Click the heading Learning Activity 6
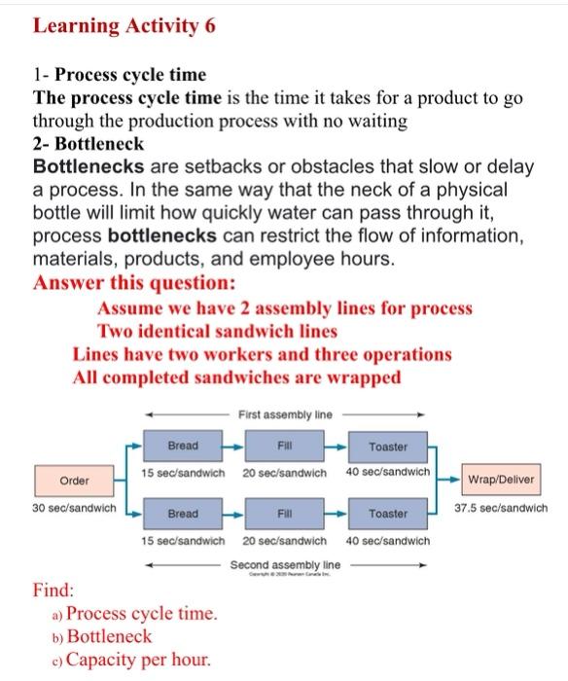[124, 26]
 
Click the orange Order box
[74, 481]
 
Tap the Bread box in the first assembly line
[183, 446]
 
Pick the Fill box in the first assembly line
[285, 446]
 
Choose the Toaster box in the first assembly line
[388, 447]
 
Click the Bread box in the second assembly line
[183, 513]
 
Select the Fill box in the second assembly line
[285, 513]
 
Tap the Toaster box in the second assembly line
[388, 513]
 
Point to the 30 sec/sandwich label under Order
[74, 508]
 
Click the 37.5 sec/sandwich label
[501, 507]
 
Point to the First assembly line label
[284, 414]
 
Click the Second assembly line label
[285, 563]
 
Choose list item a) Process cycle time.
[134, 614]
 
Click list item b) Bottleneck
[103, 636]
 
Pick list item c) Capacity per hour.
[130, 660]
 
